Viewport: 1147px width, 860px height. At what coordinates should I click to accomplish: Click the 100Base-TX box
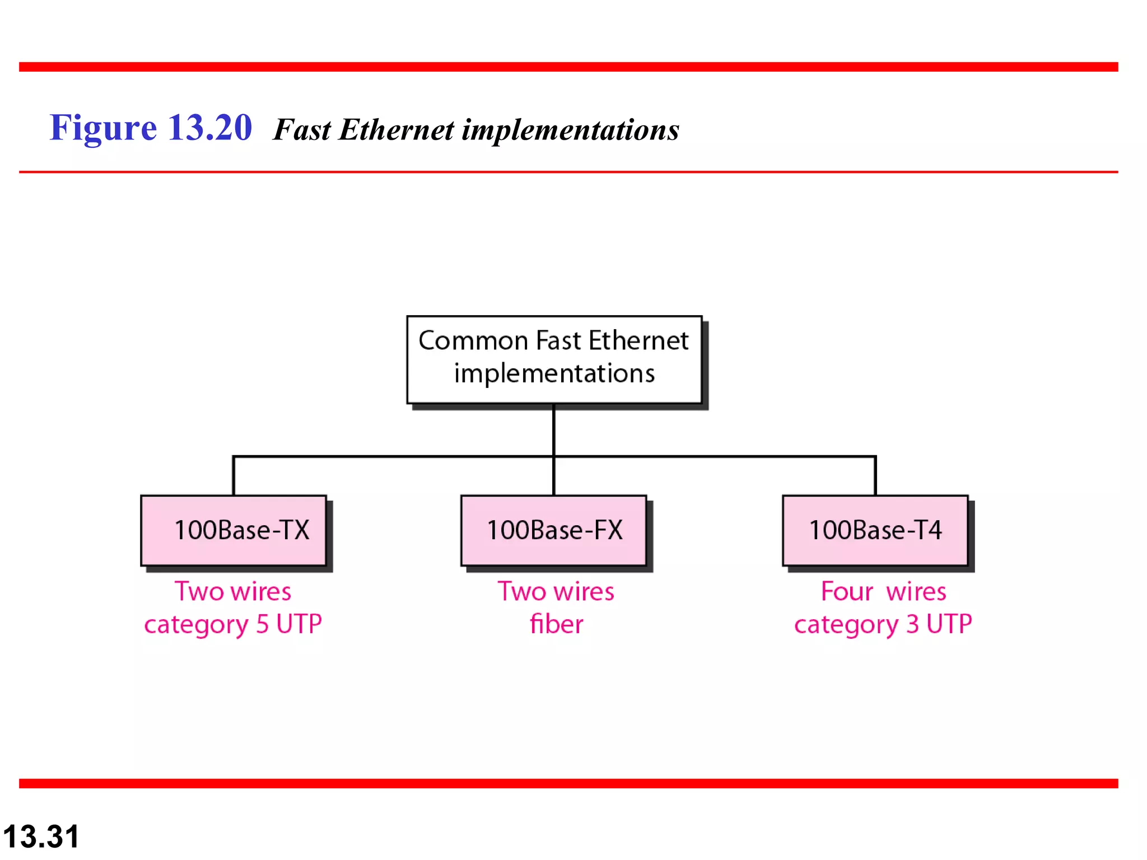pyautogui.click(x=234, y=530)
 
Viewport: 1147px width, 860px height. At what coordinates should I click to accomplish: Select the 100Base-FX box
pyautogui.click(x=554, y=530)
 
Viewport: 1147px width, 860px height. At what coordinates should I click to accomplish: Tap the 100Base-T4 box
pyautogui.click(x=875, y=530)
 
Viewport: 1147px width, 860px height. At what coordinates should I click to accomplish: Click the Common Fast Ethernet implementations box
pyautogui.click(x=554, y=359)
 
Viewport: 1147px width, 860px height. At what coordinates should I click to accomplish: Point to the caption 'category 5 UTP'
pyautogui.click(x=233, y=624)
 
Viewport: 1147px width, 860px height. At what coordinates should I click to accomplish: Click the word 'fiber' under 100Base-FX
pyautogui.click(x=556, y=624)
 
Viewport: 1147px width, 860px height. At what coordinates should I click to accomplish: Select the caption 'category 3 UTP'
pyautogui.click(x=883, y=624)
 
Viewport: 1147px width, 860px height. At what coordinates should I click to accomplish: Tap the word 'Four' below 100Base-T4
pyautogui.click(x=847, y=592)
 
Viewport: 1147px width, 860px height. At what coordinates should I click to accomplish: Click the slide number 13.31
pyautogui.click(x=41, y=836)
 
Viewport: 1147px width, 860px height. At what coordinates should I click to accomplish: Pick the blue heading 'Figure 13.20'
pyautogui.click(x=151, y=128)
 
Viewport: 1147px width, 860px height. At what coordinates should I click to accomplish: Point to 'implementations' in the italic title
pyautogui.click(x=570, y=131)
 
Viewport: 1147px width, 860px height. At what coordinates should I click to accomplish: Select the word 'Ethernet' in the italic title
pyautogui.click(x=397, y=130)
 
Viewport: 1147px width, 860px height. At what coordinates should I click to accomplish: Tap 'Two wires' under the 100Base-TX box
pyautogui.click(x=233, y=592)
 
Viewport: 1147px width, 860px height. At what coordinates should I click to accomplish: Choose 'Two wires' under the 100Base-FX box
pyautogui.click(x=556, y=592)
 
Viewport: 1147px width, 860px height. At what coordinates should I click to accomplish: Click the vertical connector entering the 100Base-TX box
pyautogui.click(x=234, y=476)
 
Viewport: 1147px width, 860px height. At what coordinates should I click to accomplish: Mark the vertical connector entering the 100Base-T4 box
pyautogui.click(x=875, y=476)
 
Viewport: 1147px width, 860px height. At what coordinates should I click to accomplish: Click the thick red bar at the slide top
pyautogui.click(x=568, y=67)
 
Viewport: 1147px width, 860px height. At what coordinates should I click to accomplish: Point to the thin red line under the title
pyautogui.click(x=568, y=172)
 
